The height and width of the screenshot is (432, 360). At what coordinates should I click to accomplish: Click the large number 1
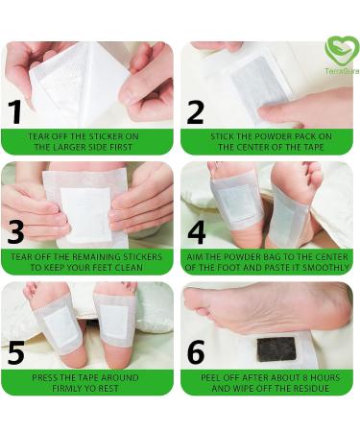15,113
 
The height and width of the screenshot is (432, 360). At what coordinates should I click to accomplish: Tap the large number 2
196,113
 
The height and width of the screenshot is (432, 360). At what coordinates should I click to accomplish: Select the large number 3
16,233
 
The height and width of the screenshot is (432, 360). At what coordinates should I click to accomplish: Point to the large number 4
197,233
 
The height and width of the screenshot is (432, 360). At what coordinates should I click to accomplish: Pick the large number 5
16,353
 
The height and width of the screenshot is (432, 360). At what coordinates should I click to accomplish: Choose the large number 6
196,353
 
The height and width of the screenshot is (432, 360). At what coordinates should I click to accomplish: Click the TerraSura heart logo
341,50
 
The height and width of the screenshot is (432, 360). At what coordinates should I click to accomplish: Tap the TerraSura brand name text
341,71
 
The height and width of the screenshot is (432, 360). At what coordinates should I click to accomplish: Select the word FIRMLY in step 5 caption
60,387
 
